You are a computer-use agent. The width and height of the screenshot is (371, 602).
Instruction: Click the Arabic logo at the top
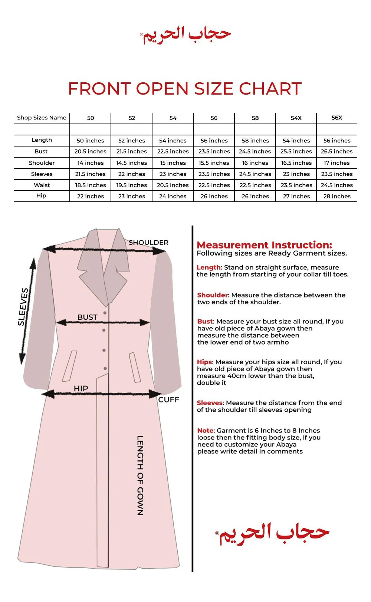click(185, 35)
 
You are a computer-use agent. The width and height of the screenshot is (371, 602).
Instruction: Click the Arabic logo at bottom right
click(273, 533)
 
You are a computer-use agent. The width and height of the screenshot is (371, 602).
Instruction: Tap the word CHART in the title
click(270, 89)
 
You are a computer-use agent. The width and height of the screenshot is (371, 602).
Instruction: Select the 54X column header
click(296, 118)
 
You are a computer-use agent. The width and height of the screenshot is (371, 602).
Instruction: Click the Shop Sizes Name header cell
click(42, 118)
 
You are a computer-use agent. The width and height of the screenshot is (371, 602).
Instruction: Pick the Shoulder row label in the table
click(42, 163)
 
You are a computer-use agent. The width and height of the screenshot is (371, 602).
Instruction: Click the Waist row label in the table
click(42, 185)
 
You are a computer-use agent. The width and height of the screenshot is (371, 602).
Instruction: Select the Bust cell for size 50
click(90, 151)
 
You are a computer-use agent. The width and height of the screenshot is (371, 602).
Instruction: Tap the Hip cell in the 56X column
click(337, 196)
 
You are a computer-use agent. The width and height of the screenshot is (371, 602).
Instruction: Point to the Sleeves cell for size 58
click(255, 174)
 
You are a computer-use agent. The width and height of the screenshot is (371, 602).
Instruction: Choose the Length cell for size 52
click(132, 141)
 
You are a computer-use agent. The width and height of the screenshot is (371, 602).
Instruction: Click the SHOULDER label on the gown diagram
click(148, 243)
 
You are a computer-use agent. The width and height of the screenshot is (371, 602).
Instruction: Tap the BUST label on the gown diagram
click(87, 317)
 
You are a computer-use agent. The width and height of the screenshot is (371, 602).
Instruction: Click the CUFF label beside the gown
click(168, 399)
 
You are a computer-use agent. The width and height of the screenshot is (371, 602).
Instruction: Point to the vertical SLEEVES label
click(23, 307)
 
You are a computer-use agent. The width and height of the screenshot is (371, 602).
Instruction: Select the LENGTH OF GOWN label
click(140, 475)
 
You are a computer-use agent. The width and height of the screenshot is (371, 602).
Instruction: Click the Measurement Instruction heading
click(264, 245)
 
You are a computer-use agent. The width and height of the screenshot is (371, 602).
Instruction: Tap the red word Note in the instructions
click(206, 431)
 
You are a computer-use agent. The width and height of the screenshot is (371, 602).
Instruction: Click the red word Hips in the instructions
click(204, 362)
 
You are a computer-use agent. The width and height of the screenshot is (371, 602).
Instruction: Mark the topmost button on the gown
click(105, 313)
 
